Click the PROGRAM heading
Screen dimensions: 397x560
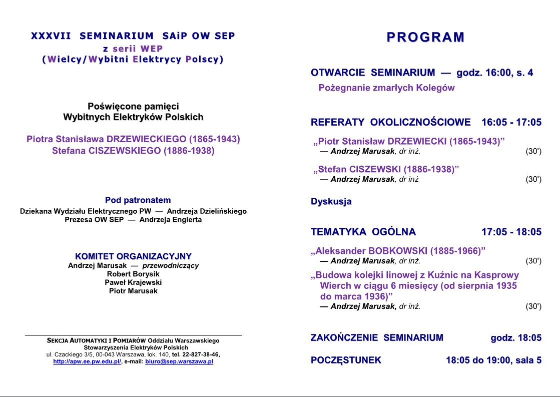click(425, 37)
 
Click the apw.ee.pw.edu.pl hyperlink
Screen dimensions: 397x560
click(87, 361)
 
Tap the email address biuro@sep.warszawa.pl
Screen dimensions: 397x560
click(179, 361)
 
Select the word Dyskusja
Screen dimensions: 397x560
click(331, 201)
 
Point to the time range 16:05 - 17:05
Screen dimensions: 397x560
click(511, 122)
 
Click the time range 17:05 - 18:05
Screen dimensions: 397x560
click(511, 232)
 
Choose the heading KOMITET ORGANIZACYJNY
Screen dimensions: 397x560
click(133, 256)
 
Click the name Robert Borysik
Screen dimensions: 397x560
click(133, 274)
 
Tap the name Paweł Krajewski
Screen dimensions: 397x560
click(133, 282)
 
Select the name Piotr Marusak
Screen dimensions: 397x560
click(133, 291)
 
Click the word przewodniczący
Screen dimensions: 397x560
click(171, 265)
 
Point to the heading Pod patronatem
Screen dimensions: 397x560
click(138, 200)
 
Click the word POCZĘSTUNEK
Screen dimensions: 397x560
click(346, 360)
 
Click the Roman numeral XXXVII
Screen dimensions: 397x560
click(51, 36)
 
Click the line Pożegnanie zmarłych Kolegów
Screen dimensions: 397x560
click(386, 88)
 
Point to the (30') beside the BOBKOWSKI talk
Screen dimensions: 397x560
click(533, 261)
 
